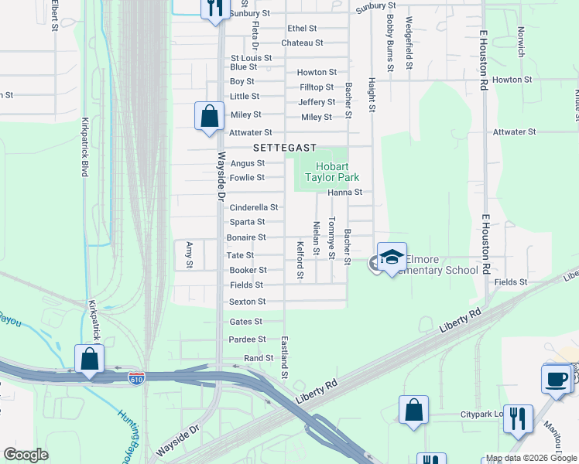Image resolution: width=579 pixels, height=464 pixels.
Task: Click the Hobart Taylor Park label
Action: pos(337,172)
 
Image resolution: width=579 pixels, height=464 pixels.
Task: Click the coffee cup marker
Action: pos(557,378)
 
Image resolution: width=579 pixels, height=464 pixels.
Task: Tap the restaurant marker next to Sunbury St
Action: pos(214,8)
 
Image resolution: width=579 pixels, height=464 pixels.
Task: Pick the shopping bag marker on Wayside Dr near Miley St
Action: pos(209,117)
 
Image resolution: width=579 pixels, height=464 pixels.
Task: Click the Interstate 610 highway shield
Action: pos(136,377)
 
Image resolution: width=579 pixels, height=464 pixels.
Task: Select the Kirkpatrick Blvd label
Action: pos(86,147)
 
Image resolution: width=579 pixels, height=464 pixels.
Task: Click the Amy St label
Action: pos(190,254)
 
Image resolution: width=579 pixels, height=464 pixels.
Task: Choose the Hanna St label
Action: pos(345,192)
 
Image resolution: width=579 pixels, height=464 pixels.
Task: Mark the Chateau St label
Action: pos(302,43)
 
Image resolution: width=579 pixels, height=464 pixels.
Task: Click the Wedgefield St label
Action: pos(409,43)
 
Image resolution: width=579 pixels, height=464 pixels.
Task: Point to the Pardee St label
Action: pos(248,339)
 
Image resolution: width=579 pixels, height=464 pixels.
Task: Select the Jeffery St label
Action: pos(317,102)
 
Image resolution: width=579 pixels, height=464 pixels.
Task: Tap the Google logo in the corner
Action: pos(26,455)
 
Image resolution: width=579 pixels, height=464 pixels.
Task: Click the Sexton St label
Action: pos(248,302)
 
